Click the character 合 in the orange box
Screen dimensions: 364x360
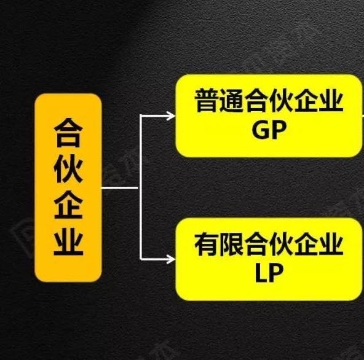(x=68, y=133)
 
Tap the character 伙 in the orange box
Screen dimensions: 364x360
(x=68, y=168)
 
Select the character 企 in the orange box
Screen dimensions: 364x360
(x=68, y=205)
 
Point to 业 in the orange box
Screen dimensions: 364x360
(x=68, y=241)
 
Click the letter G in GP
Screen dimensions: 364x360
(x=260, y=130)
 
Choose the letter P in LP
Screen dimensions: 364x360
(x=276, y=273)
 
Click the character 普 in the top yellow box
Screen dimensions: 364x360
(x=207, y=100)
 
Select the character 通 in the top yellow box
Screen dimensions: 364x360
(x=231, y=100)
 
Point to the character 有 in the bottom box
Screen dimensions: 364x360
(x=207, y=245)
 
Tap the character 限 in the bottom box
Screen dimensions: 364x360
(x=231, y=245)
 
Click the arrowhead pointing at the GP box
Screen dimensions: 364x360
(x=171, y=115)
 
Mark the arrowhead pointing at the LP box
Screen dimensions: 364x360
(x=171, y=259)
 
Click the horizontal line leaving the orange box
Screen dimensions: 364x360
(x=121, y=187)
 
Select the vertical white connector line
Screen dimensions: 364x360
(x=141, y=187)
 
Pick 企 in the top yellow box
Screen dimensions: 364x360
(x=306, y=100)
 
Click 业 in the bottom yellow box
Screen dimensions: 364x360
(x=331, y=245)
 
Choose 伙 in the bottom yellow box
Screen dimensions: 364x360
(x=281, y=245)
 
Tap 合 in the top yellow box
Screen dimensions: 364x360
(x=256, y=100)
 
